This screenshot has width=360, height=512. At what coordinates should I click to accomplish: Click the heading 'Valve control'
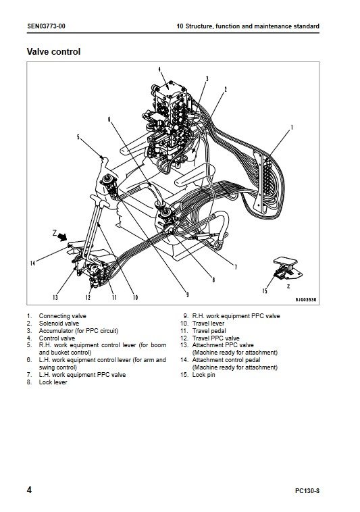tap(53, 51)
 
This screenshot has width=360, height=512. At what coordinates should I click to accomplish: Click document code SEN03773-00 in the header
tap(46, 26)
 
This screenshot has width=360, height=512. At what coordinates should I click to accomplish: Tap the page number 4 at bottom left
tap(29, 490)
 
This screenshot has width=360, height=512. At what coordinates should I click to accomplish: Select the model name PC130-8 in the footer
tap(307, 491)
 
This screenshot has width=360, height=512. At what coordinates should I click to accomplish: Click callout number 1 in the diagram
tap(292, 127)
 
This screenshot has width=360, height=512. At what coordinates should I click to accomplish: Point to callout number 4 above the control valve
tap(159, 69)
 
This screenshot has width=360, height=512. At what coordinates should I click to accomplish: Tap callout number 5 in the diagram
tap(78, 137)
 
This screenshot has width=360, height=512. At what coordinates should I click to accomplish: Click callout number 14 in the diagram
tap(32, 263)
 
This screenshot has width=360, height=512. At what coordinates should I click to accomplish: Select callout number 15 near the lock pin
tap(265, 290)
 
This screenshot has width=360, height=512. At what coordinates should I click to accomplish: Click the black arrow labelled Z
tap(63, 236)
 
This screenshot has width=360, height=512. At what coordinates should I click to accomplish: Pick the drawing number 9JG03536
tap(306, 299)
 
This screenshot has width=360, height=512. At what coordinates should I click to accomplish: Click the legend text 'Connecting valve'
tap(63, 316)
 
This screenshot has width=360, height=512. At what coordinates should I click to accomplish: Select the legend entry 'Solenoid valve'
tap(59, 324)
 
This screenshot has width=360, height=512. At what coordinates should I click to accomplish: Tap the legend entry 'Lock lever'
tap(53, 382)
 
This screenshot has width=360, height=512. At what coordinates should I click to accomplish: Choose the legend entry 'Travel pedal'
tap(209, 331)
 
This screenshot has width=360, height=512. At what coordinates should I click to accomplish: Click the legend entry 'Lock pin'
tap(204, 375)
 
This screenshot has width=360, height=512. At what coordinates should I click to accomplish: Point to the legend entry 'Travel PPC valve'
tap(215, 338)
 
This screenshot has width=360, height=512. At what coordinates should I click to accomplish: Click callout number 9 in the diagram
tap(187, 295)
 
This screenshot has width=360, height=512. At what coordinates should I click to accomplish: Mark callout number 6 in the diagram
tap(109, 119)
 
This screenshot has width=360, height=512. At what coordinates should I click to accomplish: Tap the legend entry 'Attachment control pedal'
tap(226, 360)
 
